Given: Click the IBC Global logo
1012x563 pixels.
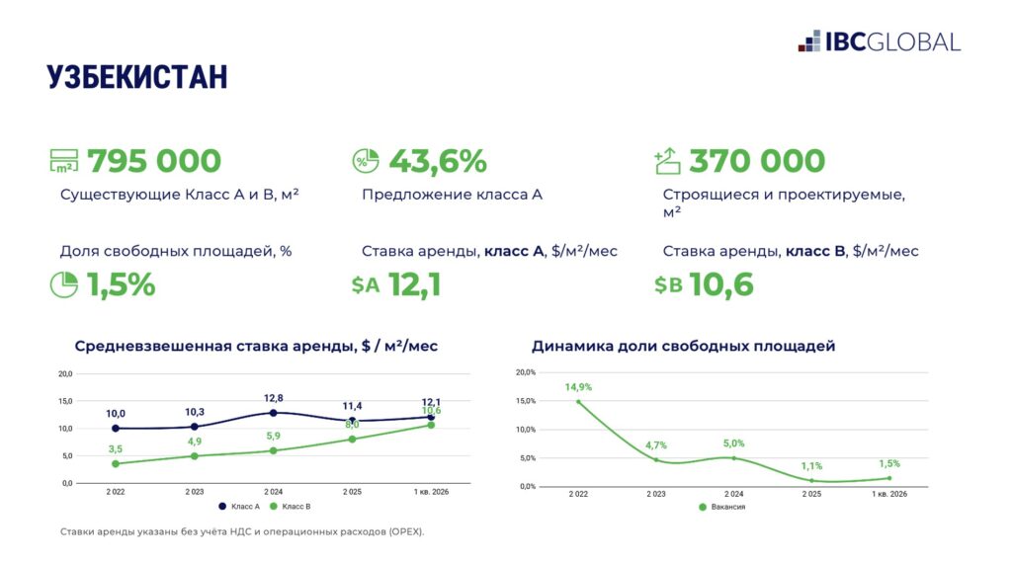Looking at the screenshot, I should pyautogui.click(x=879, y=41).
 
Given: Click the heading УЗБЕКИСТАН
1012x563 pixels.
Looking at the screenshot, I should pyautogui.click(x=137, y=77).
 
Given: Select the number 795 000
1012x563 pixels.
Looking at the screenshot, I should pyautogui.click(x=154, y=160).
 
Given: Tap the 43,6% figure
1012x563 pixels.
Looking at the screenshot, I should pyautogui.click(x=438, y=160).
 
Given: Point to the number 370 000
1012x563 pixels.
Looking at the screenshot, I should pyautogui.click(x=757, y=160).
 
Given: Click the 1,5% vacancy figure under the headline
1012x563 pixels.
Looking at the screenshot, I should pyautogui.click(x=122, y=284).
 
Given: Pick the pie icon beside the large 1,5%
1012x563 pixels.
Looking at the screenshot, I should pyautogui.click(x=64, y=284).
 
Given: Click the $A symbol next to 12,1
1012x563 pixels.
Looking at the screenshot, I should pyautogui.click(x=366, y=285).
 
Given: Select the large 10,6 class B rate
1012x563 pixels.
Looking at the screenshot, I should pyautogui.click(x=722, y=284).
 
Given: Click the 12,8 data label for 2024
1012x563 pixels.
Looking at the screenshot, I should pyautogui.click(x=274, y=398).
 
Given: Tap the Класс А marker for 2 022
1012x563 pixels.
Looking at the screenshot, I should pyautogui.click(x=117, y=429).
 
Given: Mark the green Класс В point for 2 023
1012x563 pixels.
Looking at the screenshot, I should pyautogui.click(x=195, y=456).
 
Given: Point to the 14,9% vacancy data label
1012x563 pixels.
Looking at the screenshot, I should pyautogui.click(x=578, y=387).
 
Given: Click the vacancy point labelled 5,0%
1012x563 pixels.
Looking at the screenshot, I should pyautogui.click(x=733, y=457).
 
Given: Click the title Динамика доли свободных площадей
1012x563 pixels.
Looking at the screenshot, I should pyautogui.click(x=683, y=347).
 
